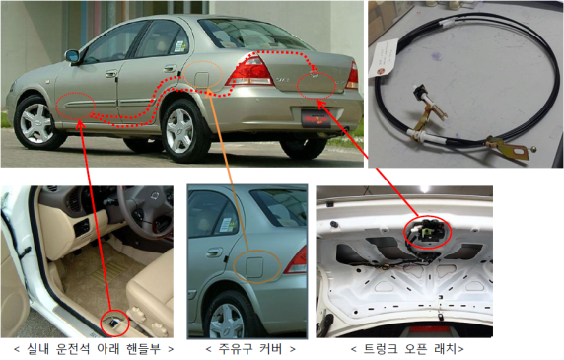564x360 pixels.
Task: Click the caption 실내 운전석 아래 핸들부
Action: (94, 349)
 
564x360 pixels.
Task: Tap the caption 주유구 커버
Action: (250, 349)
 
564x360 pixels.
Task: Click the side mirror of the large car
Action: (72, 56)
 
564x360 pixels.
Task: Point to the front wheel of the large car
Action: (35, 123)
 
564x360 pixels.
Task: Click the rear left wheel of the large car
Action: (180, 130)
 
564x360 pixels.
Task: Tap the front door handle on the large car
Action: (111, 74)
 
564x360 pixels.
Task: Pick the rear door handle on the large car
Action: (170, 68)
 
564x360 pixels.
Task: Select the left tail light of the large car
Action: (249, 72)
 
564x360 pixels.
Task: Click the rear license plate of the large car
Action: (316, 118)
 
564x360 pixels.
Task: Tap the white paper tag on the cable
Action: (385, 58)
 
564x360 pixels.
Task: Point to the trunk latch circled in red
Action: (428, 233)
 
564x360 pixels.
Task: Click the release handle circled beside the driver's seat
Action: (114, 323)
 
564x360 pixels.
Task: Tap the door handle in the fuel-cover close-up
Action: (214, 252)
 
